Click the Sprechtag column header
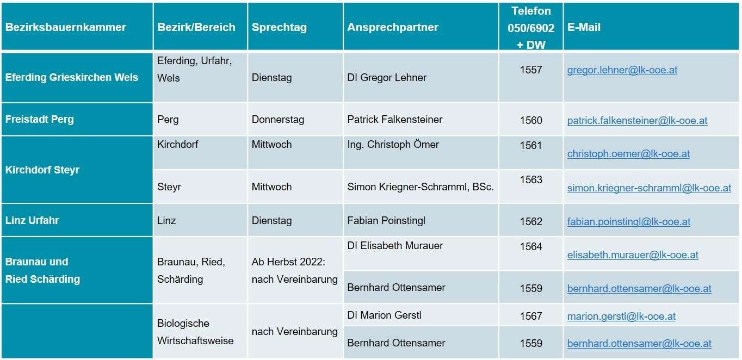[279, 27]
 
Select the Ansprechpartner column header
[393, 27]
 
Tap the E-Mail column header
[584, 27]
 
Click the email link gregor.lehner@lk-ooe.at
[622, 70]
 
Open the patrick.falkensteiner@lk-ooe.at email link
[637, 121]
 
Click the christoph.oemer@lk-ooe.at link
[628, 154]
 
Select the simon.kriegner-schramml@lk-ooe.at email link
[649, 188]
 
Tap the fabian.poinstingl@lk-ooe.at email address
[628, 222]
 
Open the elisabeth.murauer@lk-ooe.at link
[633, 255]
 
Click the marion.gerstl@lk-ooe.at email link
[621, 316]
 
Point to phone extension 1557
[531, 70]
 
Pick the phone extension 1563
[531, 180]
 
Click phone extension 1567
[531, 316]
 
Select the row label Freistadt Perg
[39, 119]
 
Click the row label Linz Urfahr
[32, 220]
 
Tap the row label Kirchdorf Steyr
[42, 170]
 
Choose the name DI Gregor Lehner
[387, 77]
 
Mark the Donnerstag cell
[277, 119]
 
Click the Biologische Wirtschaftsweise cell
[195, 332]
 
